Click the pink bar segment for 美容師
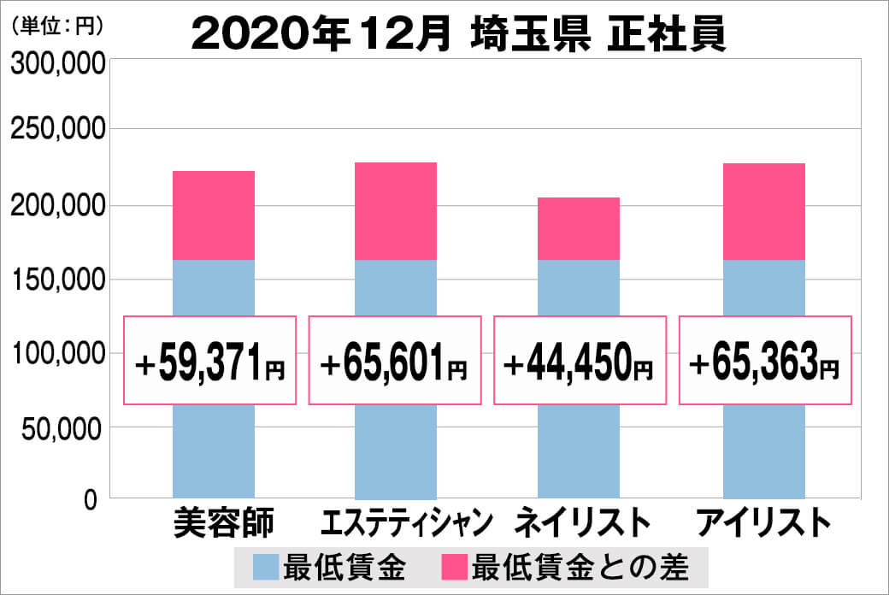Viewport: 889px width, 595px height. coord(213,215)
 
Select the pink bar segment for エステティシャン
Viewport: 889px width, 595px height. coord(395,210)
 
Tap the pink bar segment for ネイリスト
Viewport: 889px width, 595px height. coord(578,228)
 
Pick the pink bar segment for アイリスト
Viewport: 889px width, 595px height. coord(763,211)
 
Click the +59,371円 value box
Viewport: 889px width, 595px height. coord(210,361)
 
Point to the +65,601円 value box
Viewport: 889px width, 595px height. coord(395,361)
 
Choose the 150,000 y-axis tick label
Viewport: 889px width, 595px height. coord(57,280)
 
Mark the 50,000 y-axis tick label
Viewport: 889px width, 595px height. coord(62,429)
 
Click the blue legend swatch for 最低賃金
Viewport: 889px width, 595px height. coord(266,567)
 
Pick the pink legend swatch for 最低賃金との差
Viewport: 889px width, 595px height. coord(454,567)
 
